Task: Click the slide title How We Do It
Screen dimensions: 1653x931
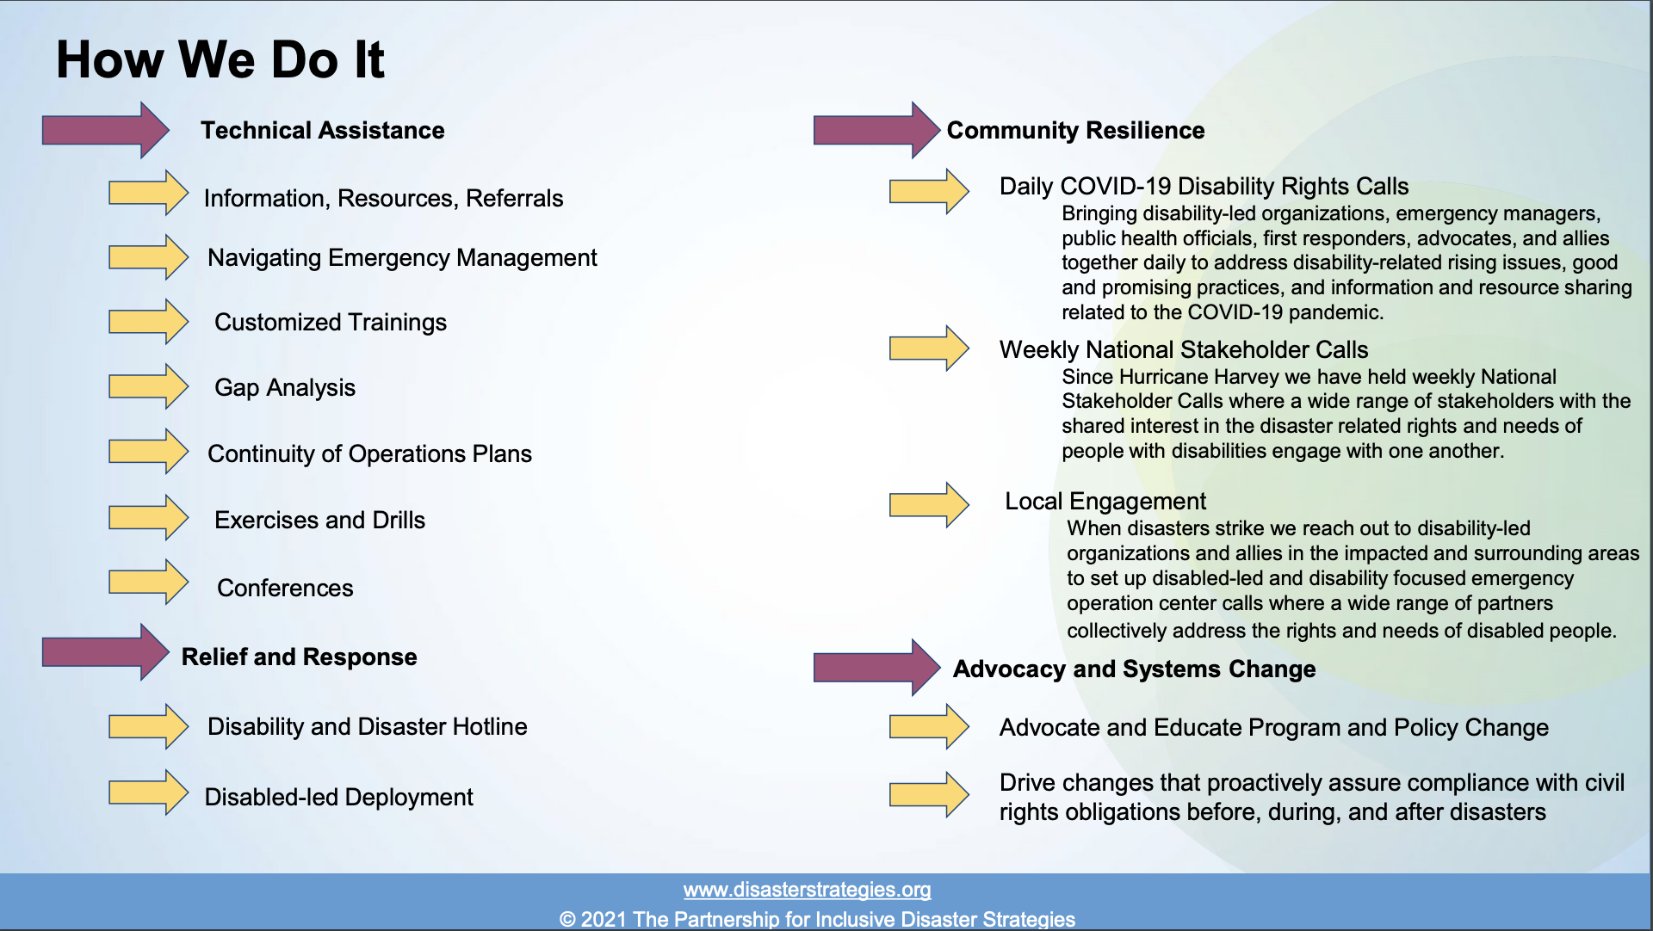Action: coord(220,59)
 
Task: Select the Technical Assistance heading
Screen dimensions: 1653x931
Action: coord(323,130)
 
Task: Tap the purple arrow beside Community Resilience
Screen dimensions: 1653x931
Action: coord(876,130)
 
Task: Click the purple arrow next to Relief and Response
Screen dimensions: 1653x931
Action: coord(106,652)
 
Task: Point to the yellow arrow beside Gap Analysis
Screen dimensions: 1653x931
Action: coord(148,386)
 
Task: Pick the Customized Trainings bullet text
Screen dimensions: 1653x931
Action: coord(331,322)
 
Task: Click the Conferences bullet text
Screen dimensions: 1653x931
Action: coord(285,588)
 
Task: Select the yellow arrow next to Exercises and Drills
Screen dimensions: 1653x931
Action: coord(148,517)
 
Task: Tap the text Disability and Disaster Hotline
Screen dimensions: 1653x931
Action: coord(368,726)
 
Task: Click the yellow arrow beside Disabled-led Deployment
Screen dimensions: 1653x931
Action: coord(148,792)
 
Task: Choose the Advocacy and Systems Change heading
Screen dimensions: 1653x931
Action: coord(1134,669)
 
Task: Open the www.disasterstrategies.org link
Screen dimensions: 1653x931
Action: coord(808,889)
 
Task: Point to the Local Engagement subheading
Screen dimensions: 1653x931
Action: coord(1105,501)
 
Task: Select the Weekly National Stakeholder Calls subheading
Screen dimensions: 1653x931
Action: coord(1184,349)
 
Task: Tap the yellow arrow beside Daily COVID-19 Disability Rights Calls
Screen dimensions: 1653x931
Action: coord(929,191)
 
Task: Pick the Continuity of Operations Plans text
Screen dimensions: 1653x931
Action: coord(370,453)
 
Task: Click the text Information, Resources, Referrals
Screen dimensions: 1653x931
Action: coord(383,198)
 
